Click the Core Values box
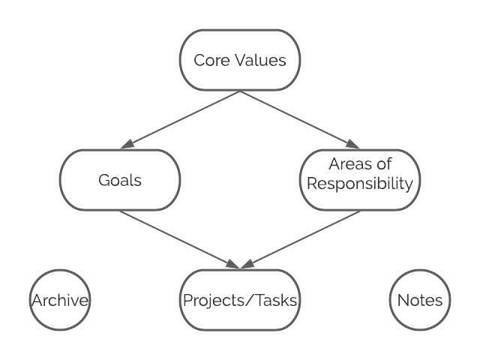[240, 60]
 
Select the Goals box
[120, 180]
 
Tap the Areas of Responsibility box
[360, 180]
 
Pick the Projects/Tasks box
[240, 300]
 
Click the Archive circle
[60, 300]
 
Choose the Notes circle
[420, 300]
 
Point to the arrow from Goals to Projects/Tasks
[176, 238]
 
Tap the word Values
[258, 60]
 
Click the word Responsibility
[360, 184]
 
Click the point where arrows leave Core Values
[240, 91]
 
